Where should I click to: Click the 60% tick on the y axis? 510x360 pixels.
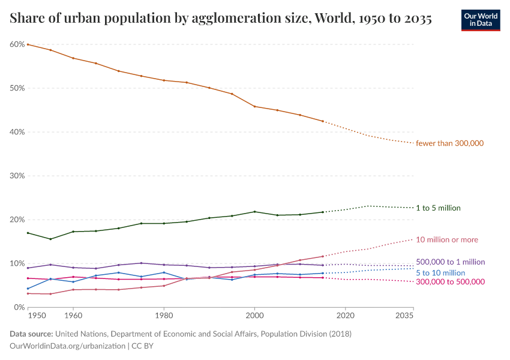pos(17,44)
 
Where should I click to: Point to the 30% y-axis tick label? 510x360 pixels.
pos(17,176)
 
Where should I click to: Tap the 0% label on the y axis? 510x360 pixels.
pos(19,307)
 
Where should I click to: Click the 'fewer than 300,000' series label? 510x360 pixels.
pos(449,143)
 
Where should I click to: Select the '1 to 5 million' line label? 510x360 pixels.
pos(438,208)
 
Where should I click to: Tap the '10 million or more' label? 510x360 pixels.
pos(447,240)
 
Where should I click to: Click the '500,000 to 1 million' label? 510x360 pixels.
pos(450,262)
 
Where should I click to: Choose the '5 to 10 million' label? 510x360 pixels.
pos(440,273)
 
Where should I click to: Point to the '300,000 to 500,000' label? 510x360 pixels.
pos(450,282)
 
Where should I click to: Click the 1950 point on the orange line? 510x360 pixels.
pos(28,44)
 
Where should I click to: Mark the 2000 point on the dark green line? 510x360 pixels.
pos(255,212)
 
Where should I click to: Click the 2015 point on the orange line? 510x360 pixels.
pos(323,121)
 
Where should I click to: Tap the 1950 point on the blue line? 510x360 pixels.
pos(28,289)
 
